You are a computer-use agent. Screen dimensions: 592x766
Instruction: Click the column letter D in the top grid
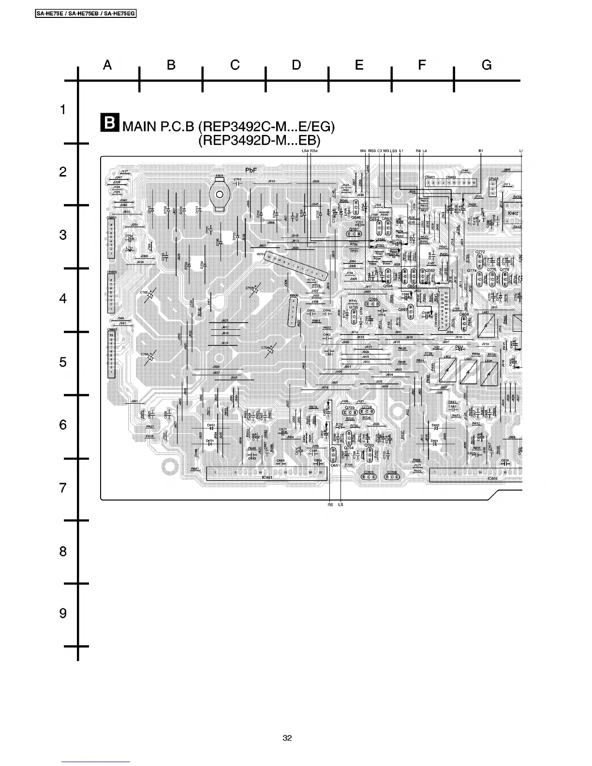pyautogui.click(x=296, y=65)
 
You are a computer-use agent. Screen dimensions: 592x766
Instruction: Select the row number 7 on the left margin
pyautogui.click(x=63, y=488)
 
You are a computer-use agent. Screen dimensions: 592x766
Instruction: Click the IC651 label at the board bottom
pyautogui.click(x=267, y=478)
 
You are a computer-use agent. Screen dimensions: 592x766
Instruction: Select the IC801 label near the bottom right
pyautogui.click(x=493, y=479)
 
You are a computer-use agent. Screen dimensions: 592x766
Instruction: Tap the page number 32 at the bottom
pyautogui.click(x=287, y=738)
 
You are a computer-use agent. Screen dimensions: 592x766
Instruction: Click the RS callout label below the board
pyautogui.click(x=330, y=505)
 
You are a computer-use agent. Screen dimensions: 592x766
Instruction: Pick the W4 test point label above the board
pyautogui.click(x=363, y=151)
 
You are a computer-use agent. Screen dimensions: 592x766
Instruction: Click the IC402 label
pyautogui.click(x=513, y=213)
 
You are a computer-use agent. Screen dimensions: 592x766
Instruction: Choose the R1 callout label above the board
pyautogui.click(x=481, y=151)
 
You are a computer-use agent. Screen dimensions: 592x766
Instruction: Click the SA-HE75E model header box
pyautogui.click(x=86, y=14)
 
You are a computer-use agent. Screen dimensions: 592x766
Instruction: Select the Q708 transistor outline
pyautogui.click(x=392, y=477)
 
